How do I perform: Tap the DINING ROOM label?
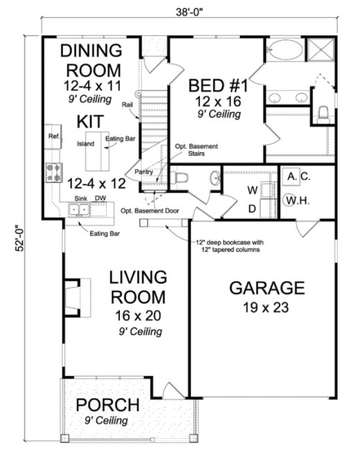(x=92, y=61)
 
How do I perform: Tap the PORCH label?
(x=108, y=405)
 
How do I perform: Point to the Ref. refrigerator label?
(x=54, y=136)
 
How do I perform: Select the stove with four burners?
(x=54, y=171)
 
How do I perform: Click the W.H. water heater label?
(x=297, y=201)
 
